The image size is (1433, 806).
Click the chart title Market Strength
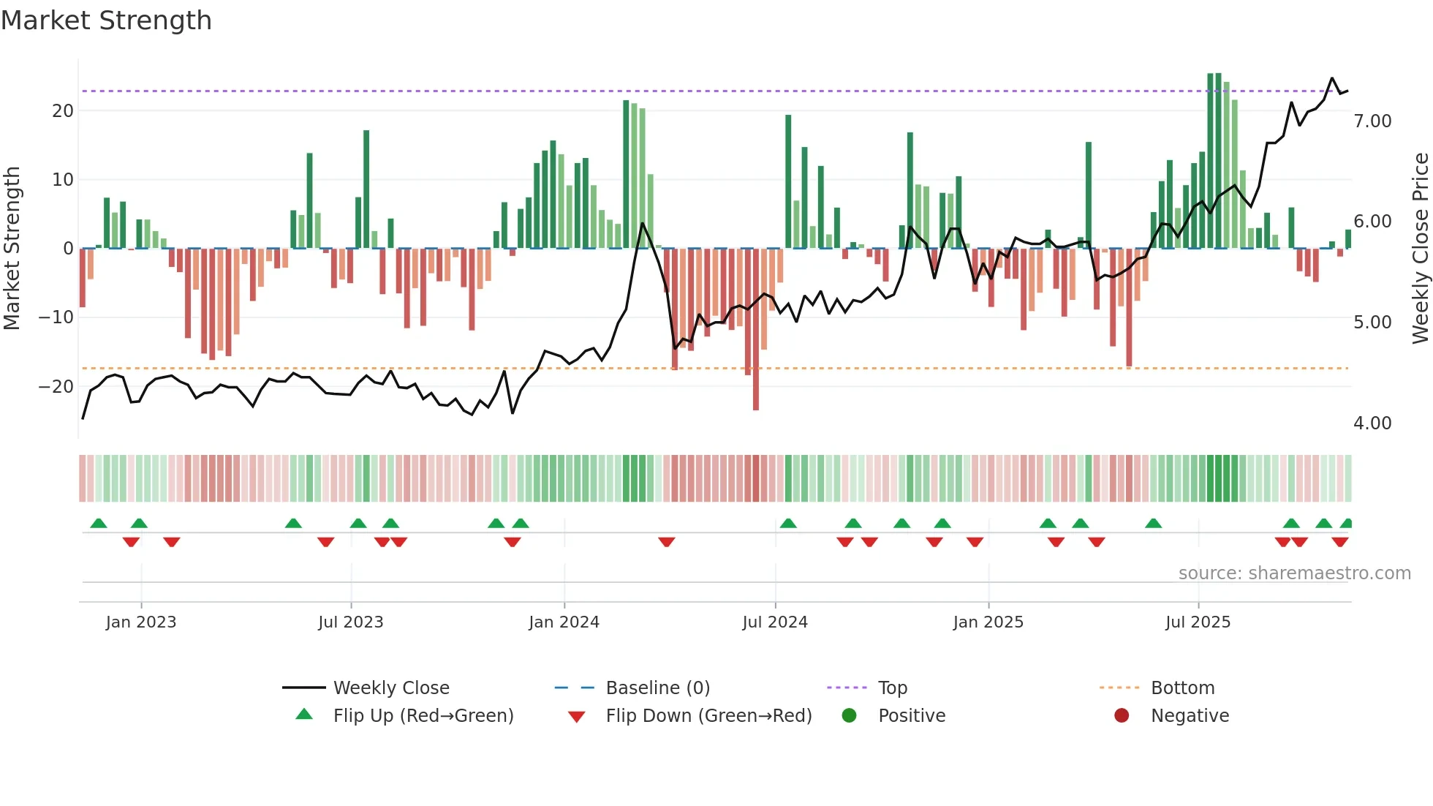[106, 20]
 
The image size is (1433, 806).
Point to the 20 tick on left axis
[63, 111]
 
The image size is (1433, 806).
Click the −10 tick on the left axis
[56, 317]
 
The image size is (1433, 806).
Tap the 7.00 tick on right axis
[1372, 121]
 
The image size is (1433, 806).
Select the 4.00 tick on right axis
[1372, 423]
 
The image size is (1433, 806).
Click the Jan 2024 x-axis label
[564, 622]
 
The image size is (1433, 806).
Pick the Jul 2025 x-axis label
[1198, 622]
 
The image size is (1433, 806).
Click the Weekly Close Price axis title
[1420, 248]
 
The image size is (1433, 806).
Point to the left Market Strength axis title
[12, 248]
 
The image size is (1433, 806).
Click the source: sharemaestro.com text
[1294, 573]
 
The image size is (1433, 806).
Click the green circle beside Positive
[849, 715]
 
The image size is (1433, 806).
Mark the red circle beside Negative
[1122, 715]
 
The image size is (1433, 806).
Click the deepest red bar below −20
[756, 329]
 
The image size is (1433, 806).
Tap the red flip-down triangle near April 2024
[666, 542]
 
